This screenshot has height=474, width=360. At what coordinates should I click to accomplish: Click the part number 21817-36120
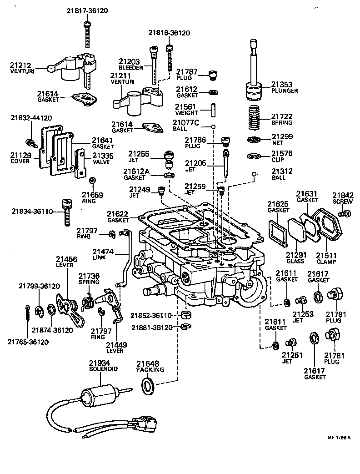(87, 10)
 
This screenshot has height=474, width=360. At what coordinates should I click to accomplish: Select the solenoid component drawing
(100, 394)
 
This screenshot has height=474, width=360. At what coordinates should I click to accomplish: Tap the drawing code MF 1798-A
(339, 438)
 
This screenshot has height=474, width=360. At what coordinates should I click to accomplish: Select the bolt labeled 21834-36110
(66, 212)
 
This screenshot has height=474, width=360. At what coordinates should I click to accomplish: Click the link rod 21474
(126, 257)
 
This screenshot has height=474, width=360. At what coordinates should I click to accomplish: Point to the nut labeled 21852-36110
(185, 315)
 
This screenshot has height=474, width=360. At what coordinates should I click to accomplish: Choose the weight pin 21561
(213, 111)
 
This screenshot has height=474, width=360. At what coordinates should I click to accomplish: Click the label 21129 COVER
(20, 158)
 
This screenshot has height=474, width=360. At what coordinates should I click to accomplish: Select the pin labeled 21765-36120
(28, 314)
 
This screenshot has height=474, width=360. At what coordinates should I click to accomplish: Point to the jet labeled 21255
(169, 159)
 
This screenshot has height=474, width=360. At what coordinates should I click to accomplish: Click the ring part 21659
(92, 181)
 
